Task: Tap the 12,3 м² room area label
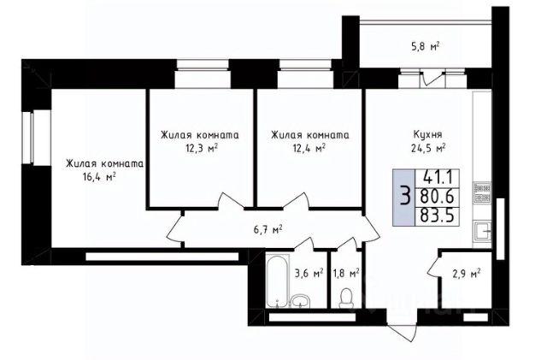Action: [202, 149]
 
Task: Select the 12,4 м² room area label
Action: [309, 149]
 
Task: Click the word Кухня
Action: [427, 135]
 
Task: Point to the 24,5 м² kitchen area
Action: [427, 148]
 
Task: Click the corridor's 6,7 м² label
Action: [268, 230]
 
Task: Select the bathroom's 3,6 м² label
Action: [309, 274]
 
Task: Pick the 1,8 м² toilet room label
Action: [346, 274]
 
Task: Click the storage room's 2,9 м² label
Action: [466, 274]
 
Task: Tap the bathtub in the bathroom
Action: [278, 280]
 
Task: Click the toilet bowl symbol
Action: [346, 298]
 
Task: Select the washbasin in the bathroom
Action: [300, 301]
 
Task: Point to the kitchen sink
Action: [482, 231]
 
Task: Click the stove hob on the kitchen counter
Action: [482, 192]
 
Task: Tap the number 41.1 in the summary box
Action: [438, 178]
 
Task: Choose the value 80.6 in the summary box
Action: [438, 197]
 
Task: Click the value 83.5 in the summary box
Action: [438, 215]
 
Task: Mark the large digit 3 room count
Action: [404, 196]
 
